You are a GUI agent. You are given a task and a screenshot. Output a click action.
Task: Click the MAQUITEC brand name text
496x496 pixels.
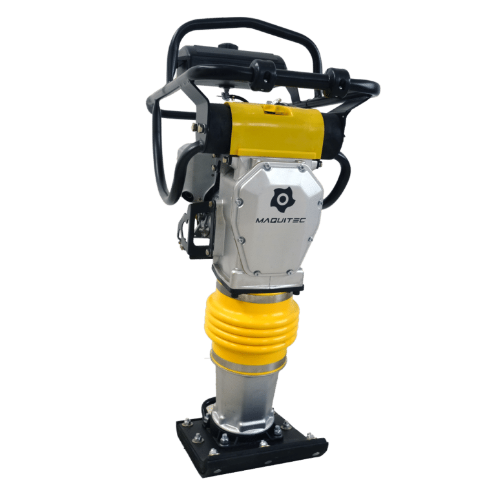280,220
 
